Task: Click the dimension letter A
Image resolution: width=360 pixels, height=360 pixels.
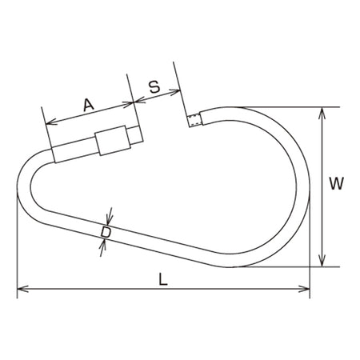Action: click(x=89, y=105)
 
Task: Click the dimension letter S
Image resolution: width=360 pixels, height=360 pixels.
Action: click(x=154, y=87)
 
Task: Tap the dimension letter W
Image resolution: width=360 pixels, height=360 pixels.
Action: click(x=336, y=184)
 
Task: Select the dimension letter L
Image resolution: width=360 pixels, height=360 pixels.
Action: click(x=163, y=279)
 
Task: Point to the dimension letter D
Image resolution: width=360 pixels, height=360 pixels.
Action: click(x=106, y=232)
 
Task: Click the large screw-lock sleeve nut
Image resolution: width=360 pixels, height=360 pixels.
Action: click(x=113, y=140)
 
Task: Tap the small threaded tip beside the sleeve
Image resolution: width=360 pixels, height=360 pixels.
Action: click(x=135, y=135)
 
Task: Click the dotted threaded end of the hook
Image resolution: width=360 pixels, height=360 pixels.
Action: click(x=194, y=120)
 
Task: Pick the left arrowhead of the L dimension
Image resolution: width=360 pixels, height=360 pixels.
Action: click(x=22, y=289)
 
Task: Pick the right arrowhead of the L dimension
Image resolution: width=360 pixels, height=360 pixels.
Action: click(x=304, y=289)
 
